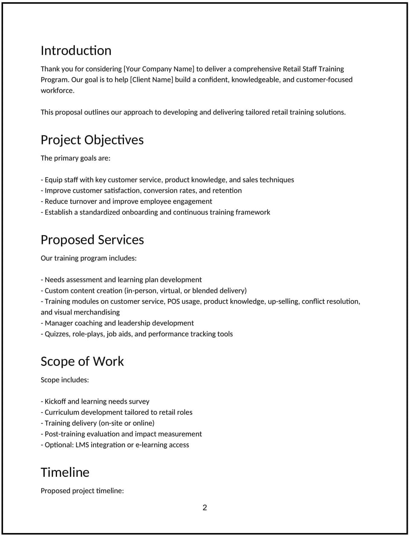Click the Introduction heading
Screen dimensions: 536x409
(76, 51)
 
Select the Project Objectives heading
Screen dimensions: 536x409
(92, 140)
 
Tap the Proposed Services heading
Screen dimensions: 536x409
(92, 240)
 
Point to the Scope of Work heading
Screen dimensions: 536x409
(82, 361)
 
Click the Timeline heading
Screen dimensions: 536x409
(65, 473)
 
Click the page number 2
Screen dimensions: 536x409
(205, 507)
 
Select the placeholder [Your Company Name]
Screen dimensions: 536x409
(159, 69)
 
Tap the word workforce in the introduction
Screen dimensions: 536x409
(57, 91)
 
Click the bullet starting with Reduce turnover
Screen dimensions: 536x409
(127, 201)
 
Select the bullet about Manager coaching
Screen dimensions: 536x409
(118, 323)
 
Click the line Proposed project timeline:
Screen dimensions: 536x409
(82, 491)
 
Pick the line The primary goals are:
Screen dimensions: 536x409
(75, 158)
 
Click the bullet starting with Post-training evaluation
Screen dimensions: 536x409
(121, 434)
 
